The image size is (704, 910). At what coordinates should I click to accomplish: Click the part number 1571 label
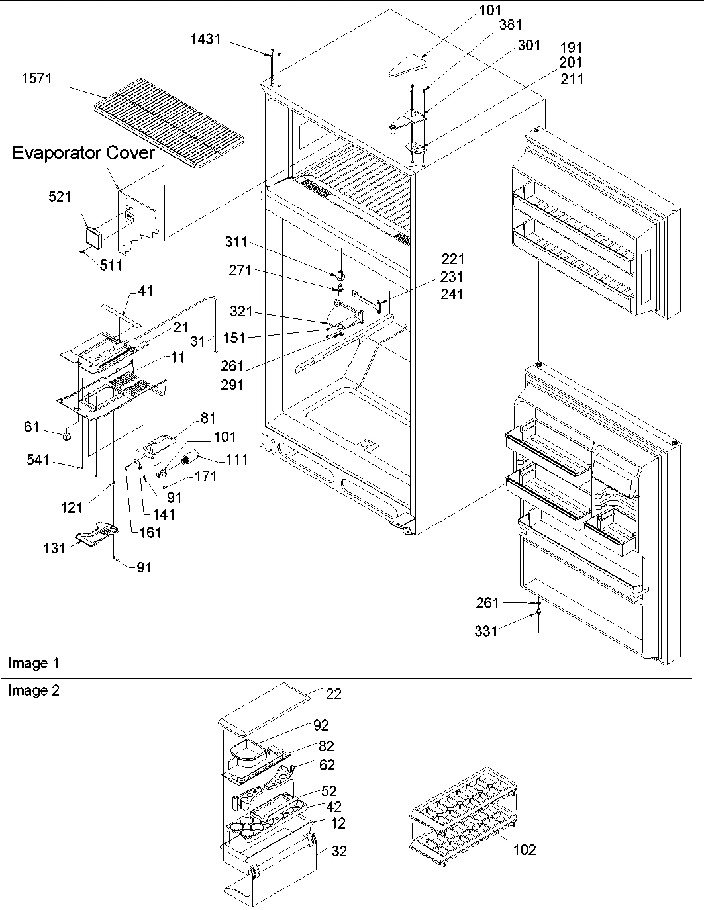(x=37, y=79)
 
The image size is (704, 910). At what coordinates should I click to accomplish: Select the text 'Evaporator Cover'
(x=83, y=154)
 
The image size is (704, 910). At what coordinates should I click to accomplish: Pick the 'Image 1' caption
(x=28, y=663)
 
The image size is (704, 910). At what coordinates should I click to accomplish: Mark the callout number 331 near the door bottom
(x=486, y=632)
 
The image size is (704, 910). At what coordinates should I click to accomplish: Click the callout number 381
(x=511, y=25)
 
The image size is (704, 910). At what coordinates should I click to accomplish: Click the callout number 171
(x=206, y=477)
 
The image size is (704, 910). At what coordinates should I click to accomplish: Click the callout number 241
(x=453, y=295)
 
